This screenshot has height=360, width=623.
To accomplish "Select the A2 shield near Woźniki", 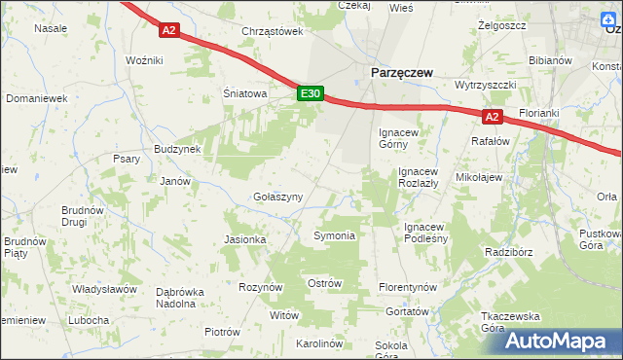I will click(x=169, y=30).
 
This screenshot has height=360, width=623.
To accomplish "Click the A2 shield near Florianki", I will click(x=493, y=117).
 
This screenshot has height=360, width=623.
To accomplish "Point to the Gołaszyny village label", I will click(x=278, y=197).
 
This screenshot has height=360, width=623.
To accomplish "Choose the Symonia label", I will click(x=334, y=235).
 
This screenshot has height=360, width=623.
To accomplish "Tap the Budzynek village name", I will click(x=176, y=150).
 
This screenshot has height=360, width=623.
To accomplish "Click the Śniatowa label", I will click(x=244, y=94).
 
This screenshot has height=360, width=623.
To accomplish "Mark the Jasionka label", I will click(x=245, y=239).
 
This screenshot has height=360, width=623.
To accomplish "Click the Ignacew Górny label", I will click(x=399, y=137).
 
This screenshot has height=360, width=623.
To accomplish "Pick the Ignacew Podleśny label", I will click(x=424, y=233).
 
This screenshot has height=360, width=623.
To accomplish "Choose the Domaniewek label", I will click(x=36, y=98).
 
